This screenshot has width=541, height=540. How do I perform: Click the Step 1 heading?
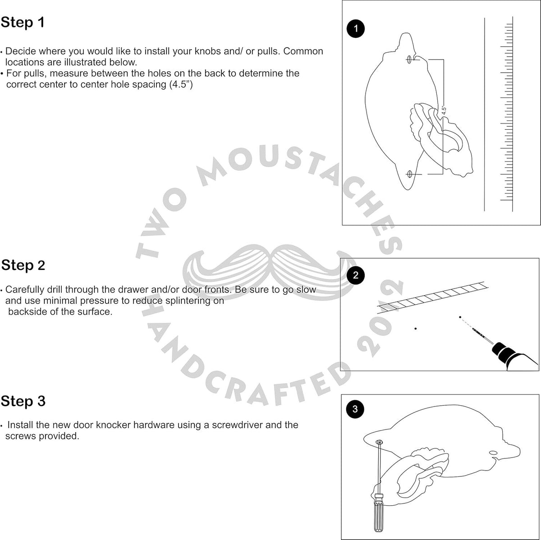point(23,22)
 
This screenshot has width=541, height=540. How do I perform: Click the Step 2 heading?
point(23,265)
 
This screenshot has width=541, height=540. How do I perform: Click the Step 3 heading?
point(23,401)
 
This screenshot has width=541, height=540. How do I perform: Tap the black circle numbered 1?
point(355,29)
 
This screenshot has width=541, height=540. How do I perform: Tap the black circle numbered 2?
point(355,275)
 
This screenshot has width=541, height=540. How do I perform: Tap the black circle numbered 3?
point(355,409)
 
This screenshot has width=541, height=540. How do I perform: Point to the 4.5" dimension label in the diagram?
point(444,110)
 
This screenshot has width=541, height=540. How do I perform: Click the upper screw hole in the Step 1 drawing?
point(409,59)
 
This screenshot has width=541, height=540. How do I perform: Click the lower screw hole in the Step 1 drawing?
point(410,174)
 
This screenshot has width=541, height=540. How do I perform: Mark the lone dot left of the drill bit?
point(416,329)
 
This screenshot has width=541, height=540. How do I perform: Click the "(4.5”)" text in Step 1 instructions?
point(181,85)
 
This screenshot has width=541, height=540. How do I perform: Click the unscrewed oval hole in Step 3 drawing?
point(493,453)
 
